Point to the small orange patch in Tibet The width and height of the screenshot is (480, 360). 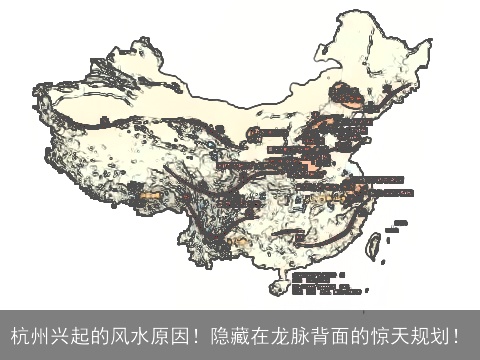pos(153,196)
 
